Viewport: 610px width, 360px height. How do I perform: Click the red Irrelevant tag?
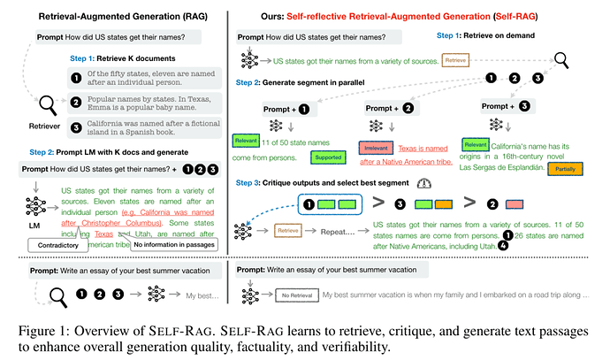[x=375, y=148]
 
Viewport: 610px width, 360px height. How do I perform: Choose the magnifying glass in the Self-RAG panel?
[x=562, y=60]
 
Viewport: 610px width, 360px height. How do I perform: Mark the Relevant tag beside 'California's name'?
[x=475, y=143]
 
